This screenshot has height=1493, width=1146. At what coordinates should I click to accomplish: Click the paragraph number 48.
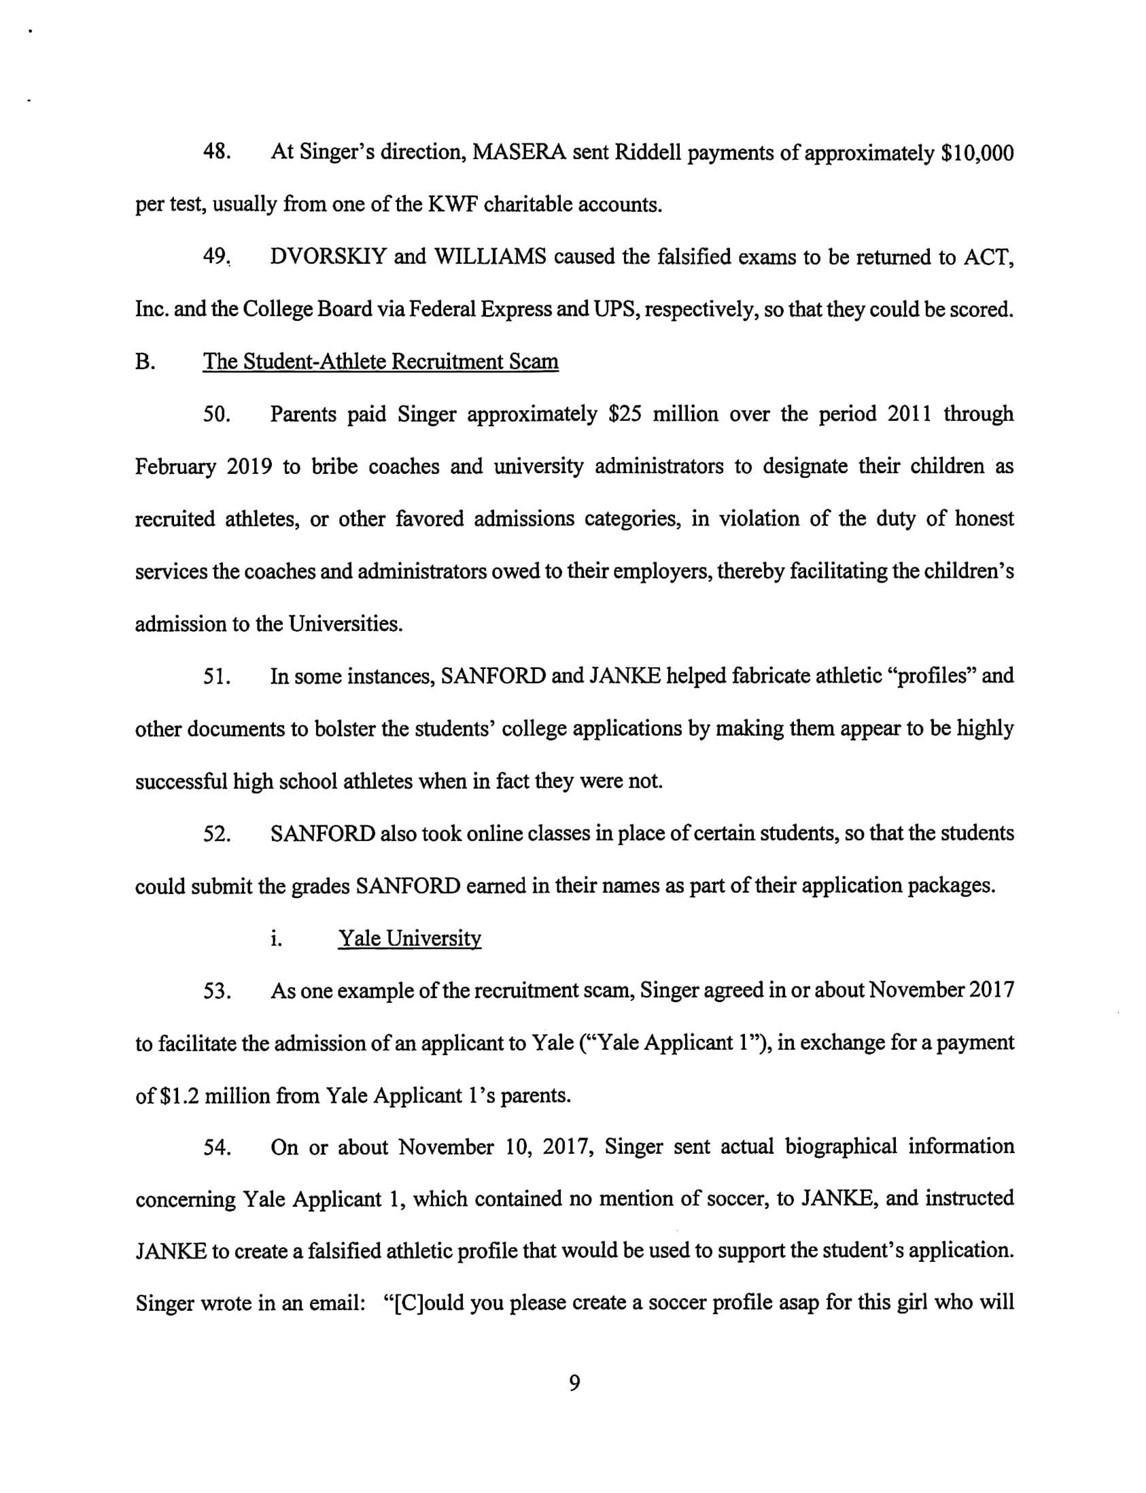(216, 152)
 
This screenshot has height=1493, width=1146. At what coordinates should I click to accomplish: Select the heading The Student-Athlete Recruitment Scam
(381, 362)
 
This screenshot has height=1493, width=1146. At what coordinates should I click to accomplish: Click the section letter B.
(145, 362)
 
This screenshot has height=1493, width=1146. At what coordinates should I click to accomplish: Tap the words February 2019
(204, 467)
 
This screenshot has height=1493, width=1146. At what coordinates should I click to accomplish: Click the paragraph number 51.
(216, 676)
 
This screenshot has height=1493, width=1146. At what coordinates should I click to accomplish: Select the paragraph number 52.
(216, 834)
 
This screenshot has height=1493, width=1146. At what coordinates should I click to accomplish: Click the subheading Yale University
(410, 939)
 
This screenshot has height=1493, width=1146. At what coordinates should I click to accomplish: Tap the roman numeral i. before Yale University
(275, 939)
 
